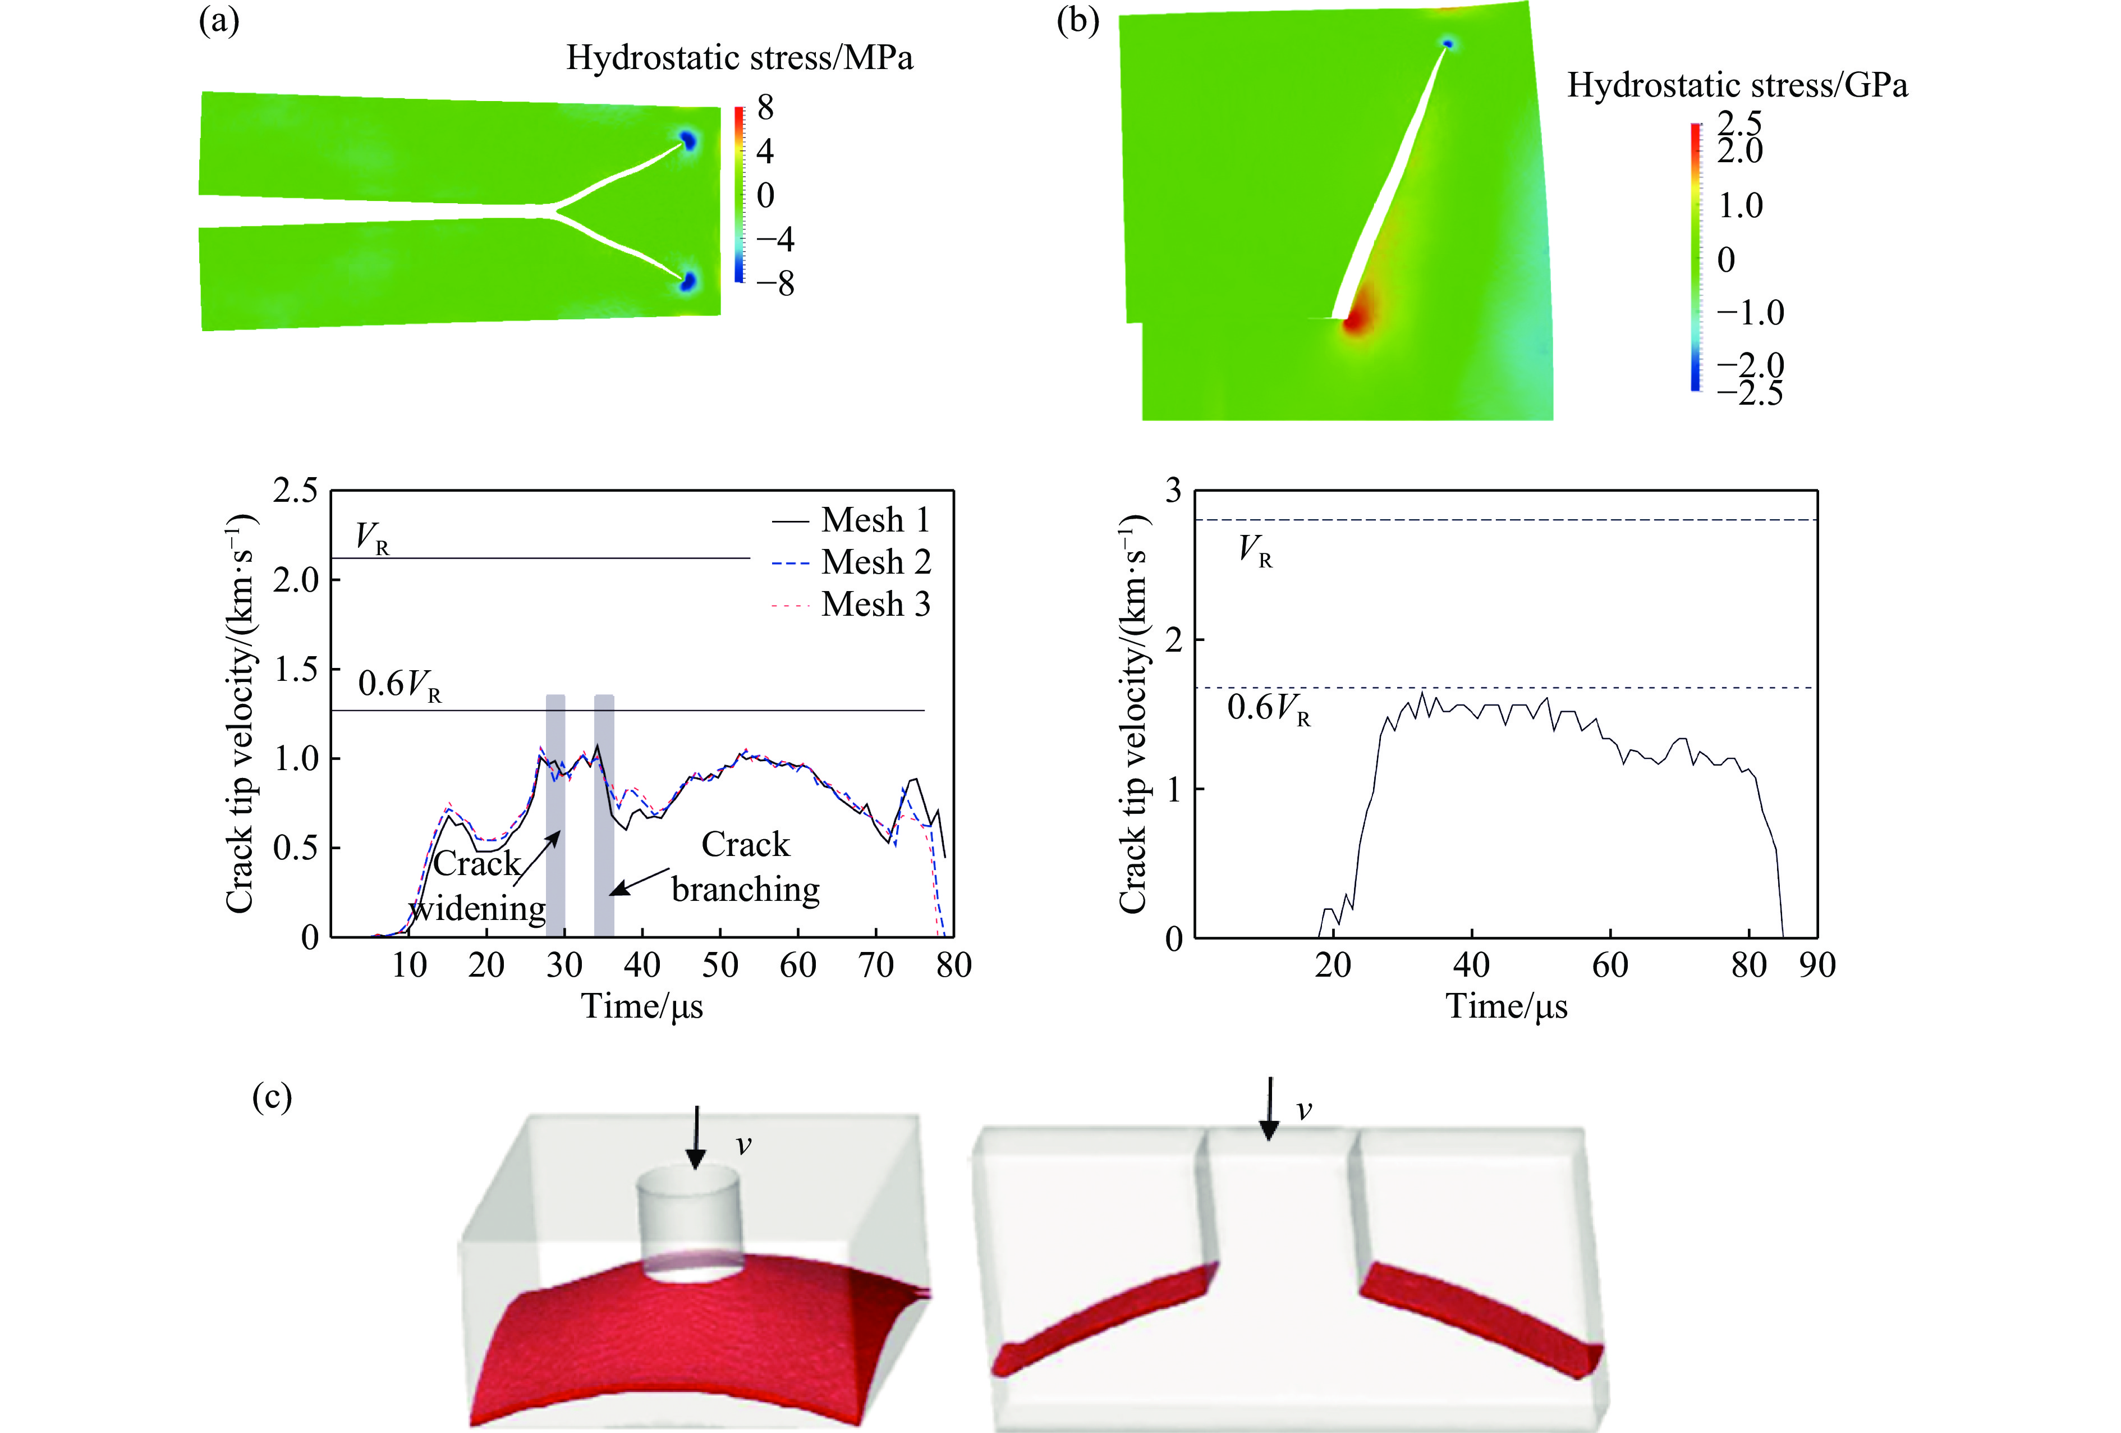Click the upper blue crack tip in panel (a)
click(x=687, y=140)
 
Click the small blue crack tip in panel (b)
click(x=1448, y=43)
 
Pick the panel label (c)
click(x=272, y=1097)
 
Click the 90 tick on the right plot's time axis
click(x=1817, y=965)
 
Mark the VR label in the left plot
click(x=373, y=538)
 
